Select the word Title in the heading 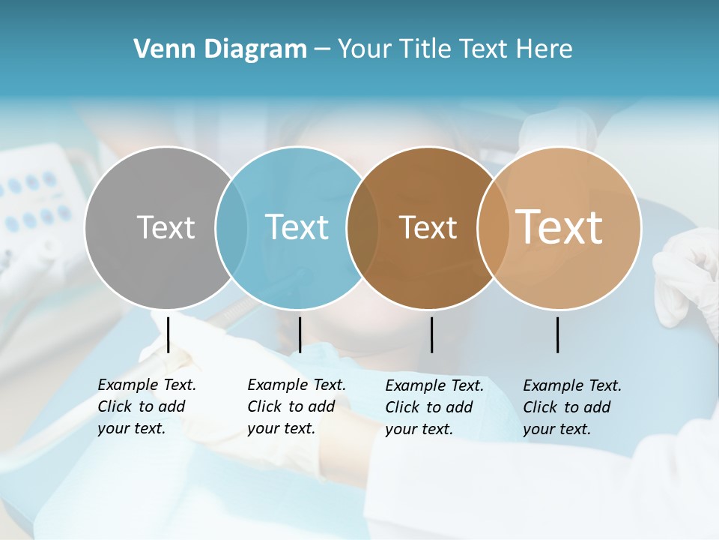(425, 49)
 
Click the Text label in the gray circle (166, 227)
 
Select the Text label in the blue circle (297, 227)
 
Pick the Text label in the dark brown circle (428, 227)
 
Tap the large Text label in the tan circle (559, 227)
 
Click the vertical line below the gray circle (169, 334)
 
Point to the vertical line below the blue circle (300, 334)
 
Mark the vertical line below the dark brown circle (432, 334)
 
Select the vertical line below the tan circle (558, 334)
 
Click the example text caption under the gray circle (147, 406)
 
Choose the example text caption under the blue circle (297, 406)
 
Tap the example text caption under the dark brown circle (434, 407)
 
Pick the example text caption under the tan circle (572, 407)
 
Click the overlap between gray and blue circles (231, 227)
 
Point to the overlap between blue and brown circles (362, 227)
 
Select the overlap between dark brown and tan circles (494, 227)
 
